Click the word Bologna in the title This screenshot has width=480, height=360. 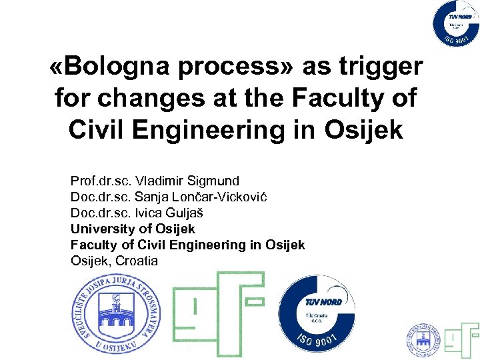tap(125, 67)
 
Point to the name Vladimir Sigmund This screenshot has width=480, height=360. tap(187, 181)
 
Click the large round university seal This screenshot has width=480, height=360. tap(116, 313)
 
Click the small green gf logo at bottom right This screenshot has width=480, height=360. tap(462, 338)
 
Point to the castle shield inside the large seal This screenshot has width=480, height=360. tap(116, 313)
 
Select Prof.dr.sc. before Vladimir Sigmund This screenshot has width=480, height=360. tap(101, 181)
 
